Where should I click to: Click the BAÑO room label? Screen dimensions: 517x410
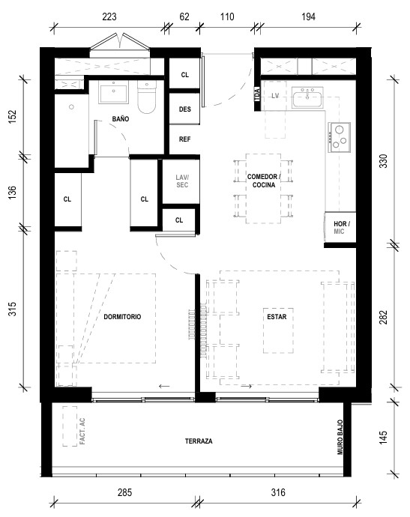121,119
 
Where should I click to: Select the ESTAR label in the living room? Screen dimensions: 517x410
277,317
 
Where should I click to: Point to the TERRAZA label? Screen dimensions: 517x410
199,441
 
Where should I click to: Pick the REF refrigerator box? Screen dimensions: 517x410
184,139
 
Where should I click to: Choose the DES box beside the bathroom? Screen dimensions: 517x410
184,109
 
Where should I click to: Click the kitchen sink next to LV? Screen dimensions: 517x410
307,98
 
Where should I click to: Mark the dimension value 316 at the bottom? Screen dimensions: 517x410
278,492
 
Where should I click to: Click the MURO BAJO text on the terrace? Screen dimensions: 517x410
340,438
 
